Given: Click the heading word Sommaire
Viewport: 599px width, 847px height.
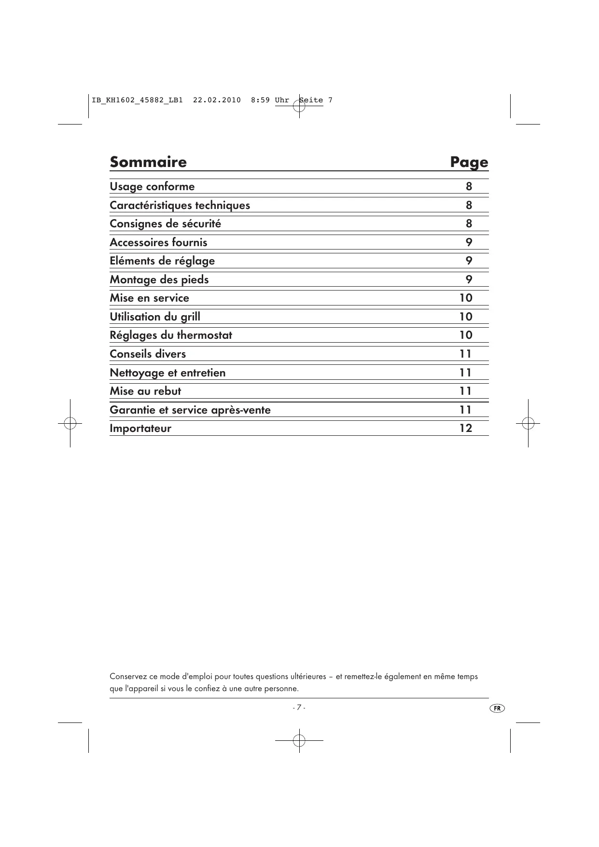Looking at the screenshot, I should (148, 162).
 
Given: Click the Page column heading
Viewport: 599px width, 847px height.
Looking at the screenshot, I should (469, 162).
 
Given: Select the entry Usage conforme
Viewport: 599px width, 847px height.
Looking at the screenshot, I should (152, 187).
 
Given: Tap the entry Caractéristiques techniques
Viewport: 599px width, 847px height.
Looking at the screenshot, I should (180, 205).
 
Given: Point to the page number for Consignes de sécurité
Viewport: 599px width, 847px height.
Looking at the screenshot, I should (469, 223).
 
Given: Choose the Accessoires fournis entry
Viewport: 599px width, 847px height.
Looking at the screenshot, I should (158, 242).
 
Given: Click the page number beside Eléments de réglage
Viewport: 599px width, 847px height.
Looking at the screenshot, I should (469, 261).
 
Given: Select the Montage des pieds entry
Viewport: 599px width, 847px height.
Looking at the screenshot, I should (159, 279).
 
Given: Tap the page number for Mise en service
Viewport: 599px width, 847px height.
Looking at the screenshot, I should (466, 298).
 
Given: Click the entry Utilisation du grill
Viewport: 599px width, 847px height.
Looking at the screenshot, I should (155, 317).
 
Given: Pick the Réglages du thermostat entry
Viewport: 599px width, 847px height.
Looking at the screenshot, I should (171, 335).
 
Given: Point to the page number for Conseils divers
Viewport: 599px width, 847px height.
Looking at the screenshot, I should (466, 354).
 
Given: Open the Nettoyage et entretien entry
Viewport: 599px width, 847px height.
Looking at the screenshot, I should (167, 373).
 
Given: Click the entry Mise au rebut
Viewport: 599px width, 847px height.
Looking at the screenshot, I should (145, 391).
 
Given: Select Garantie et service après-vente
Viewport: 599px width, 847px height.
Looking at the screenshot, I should (190, 410).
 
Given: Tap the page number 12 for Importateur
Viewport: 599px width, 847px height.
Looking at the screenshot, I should (466, 428).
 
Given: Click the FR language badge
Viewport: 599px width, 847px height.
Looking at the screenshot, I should (497, 708).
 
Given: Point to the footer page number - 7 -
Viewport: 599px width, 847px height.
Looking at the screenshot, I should (299, 708).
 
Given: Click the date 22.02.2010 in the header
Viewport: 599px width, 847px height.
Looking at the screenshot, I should (217, 100).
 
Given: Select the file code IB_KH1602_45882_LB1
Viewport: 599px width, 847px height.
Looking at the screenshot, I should (137, 100).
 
